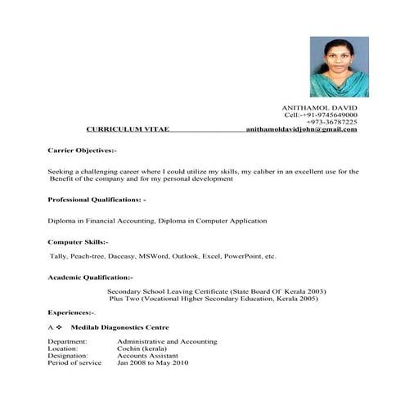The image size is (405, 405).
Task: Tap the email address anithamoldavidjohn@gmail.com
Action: click(x=301, y=129)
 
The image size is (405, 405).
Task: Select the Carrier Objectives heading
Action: click(x=82, y=151)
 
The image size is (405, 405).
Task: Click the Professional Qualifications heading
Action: click(x=97, y=200)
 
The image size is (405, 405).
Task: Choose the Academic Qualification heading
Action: click(x=90, y=277)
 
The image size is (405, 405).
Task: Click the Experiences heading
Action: click(x=71, y=313)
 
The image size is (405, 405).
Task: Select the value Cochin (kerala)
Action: click(x=145, y=349)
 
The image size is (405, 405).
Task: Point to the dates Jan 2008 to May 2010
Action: click(x=152, y=362)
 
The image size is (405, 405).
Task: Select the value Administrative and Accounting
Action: click(x=166, y=341)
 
